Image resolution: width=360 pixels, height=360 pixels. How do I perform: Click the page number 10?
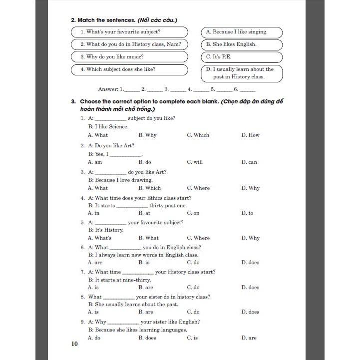pos(75,344)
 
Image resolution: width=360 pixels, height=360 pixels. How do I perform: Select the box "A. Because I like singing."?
pos(242,32)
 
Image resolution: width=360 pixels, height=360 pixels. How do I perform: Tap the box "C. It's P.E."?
pos(242,57)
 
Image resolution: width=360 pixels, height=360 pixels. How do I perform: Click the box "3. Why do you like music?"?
pos(129,57)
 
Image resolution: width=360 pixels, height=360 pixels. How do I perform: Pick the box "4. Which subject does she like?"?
pos(129,69)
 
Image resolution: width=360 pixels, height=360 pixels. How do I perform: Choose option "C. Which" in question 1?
pos(198,135)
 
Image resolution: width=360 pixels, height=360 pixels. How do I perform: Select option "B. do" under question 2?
pos(145,162)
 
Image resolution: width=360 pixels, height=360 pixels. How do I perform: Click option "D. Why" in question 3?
pos(250,188)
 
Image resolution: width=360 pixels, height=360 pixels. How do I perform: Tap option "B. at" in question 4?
pos(144,213)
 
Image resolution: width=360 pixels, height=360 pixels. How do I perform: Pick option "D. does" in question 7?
pos(250,288)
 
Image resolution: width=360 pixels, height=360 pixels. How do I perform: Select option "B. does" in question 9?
pos(147,338)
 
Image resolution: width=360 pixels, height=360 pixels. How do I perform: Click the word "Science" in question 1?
pos(118,127)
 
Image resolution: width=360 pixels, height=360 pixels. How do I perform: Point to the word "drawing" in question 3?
pos(141,180)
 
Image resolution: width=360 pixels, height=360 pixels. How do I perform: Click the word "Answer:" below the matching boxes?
pos(108,89)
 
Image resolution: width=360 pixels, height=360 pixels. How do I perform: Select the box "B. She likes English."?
pos(242,44)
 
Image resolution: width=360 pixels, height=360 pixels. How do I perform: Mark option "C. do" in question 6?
pos(193,263)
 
